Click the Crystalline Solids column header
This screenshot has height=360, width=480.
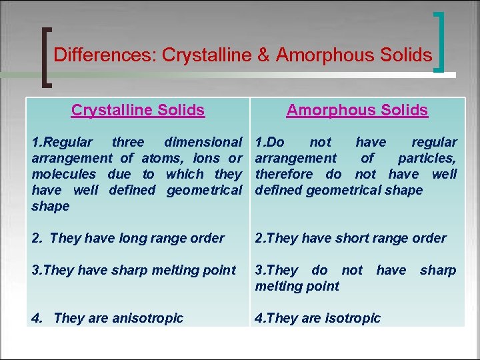pos(138,110)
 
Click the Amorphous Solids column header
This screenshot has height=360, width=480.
pos(357,110)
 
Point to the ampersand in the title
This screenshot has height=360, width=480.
pos(265,55)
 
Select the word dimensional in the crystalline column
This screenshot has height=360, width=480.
pos(203,142)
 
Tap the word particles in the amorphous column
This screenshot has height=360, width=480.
pos(427,158)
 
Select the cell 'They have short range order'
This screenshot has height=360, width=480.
pos(351,238)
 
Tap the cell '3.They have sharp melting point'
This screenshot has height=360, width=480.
pos(134,270)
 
